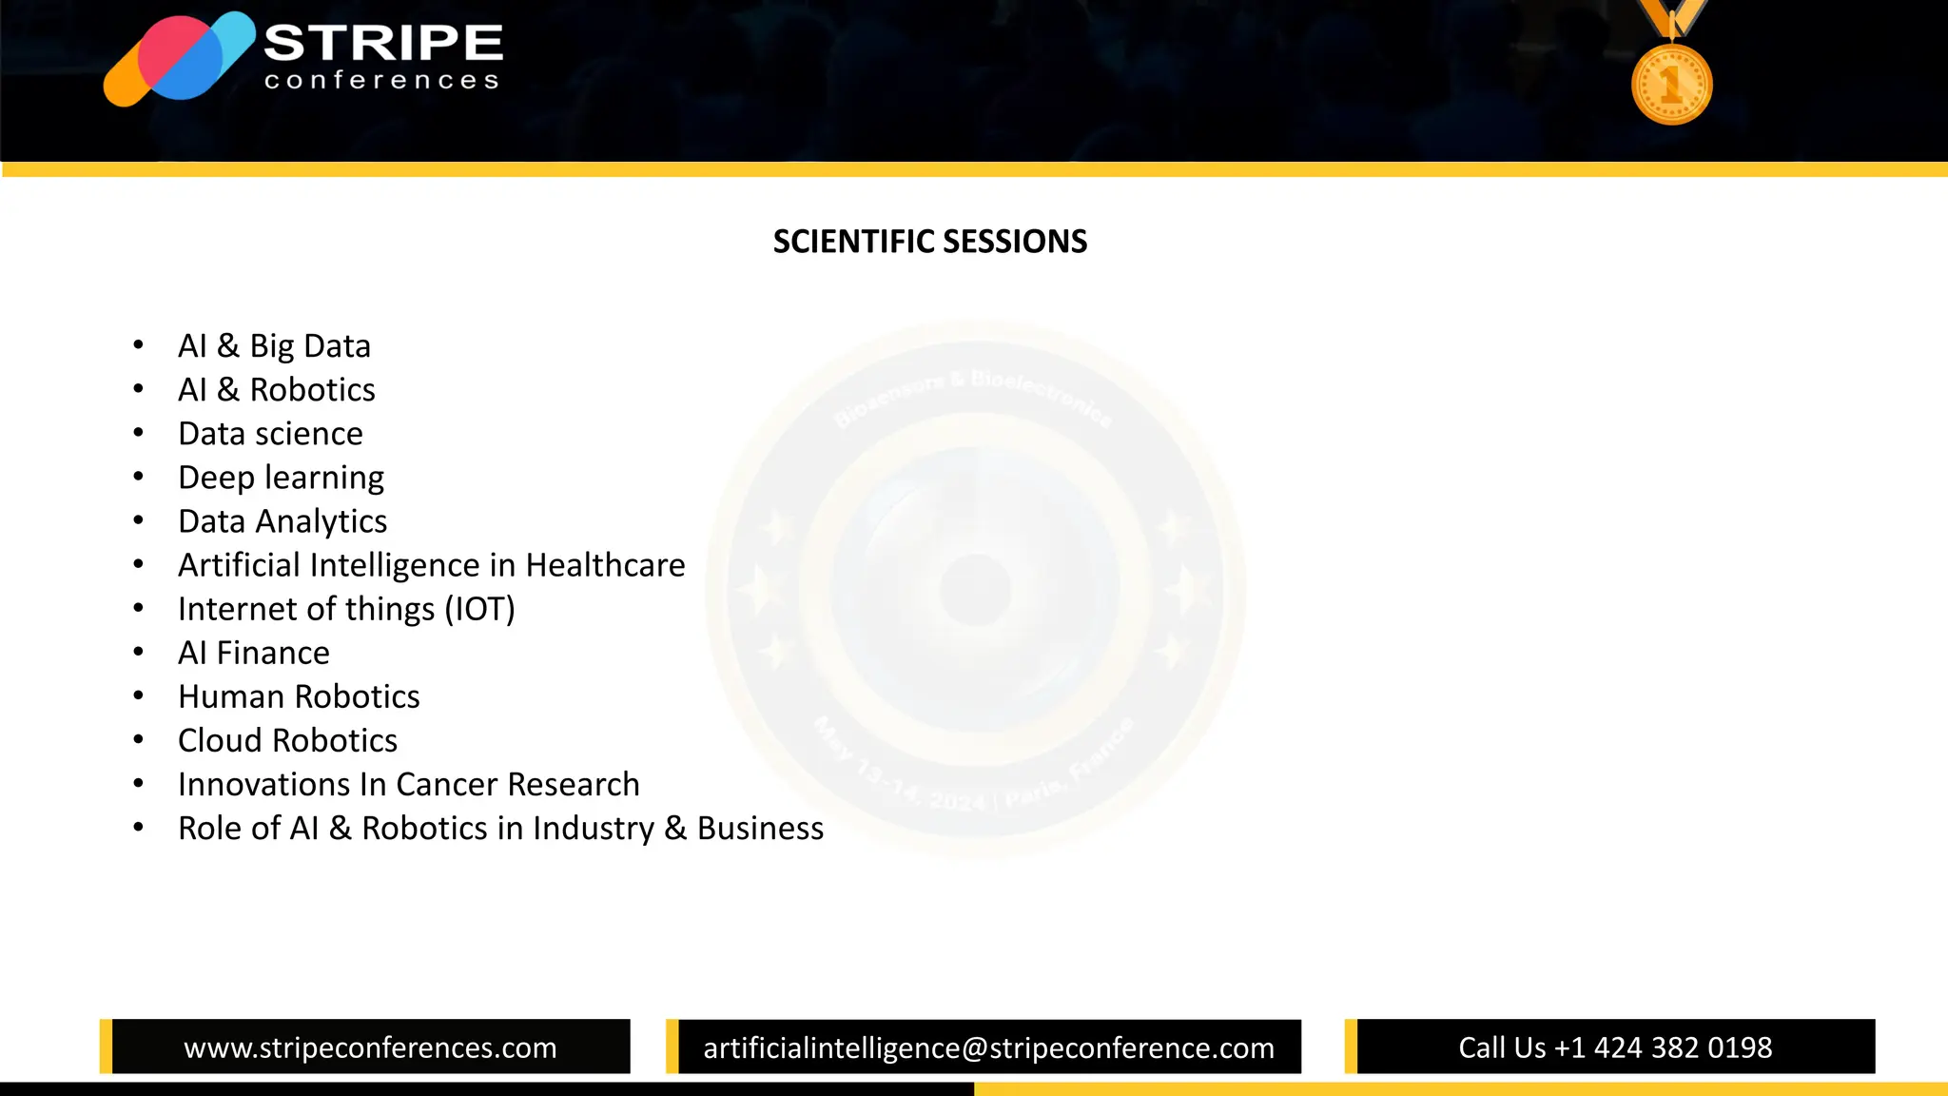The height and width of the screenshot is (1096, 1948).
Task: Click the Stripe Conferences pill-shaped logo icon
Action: click(179, 59)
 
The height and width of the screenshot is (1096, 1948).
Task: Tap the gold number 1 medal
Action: click(1671, 84)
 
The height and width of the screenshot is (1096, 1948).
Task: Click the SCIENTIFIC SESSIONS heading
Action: click(929, 242)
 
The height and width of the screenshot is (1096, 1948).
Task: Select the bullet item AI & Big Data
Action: click(274, 345)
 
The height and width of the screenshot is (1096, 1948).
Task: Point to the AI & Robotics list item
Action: click(276, 389)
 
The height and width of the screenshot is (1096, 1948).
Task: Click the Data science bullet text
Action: click(270, 434)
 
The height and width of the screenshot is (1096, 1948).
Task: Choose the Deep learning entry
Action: click(281, 478)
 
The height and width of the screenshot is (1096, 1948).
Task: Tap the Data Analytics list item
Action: click(282, 521)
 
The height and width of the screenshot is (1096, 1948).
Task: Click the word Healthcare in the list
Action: click(605, 565)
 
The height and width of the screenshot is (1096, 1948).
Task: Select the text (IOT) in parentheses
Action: click(479, 609)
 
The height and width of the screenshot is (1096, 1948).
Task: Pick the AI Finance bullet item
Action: click(254, 653)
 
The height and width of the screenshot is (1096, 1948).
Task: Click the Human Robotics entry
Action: click(299, 696)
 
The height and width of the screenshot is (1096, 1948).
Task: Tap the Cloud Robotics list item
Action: click(287, 740)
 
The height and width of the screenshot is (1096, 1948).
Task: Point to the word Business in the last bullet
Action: click(760, 828)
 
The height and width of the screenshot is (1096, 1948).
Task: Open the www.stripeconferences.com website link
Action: click(370, 1047)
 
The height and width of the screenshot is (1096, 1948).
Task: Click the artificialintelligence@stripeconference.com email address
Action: click(988, 1047)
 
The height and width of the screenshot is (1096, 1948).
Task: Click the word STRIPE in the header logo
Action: click(383, 43)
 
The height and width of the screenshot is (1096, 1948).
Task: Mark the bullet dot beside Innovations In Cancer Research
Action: click(139, 784)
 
